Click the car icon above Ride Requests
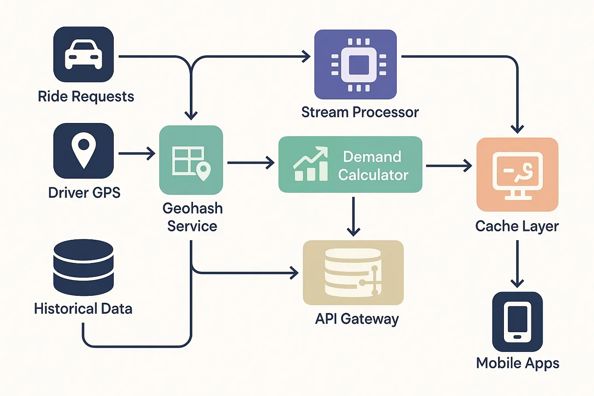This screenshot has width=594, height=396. tap(84, 54)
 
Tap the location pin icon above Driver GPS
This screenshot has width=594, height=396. tap(84, 151)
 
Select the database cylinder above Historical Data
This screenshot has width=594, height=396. tap(84, 267)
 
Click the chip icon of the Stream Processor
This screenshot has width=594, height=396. tap(359, 65)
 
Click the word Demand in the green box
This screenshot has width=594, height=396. tap(372, 157)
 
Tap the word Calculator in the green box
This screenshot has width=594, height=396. tap(373, 175)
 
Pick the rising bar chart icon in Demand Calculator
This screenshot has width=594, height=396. tap(311, 164)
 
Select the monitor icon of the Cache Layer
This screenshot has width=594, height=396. tap(517, 176)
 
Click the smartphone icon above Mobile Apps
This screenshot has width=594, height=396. tap(517, 322)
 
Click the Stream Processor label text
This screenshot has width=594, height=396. tap(360, 112)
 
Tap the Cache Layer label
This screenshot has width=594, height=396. tap(517, 227)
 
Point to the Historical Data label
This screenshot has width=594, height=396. tap(83, 309)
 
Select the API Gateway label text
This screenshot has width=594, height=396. tap(357, 319)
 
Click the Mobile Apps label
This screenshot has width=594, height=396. tap(517, 363)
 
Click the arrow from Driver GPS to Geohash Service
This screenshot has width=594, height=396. tap(137, 153)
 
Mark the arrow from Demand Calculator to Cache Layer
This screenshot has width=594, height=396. tap(449, 166)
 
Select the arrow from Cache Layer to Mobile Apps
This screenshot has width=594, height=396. tap(517, 264)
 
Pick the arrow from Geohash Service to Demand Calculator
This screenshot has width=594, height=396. tap(251, 163)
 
